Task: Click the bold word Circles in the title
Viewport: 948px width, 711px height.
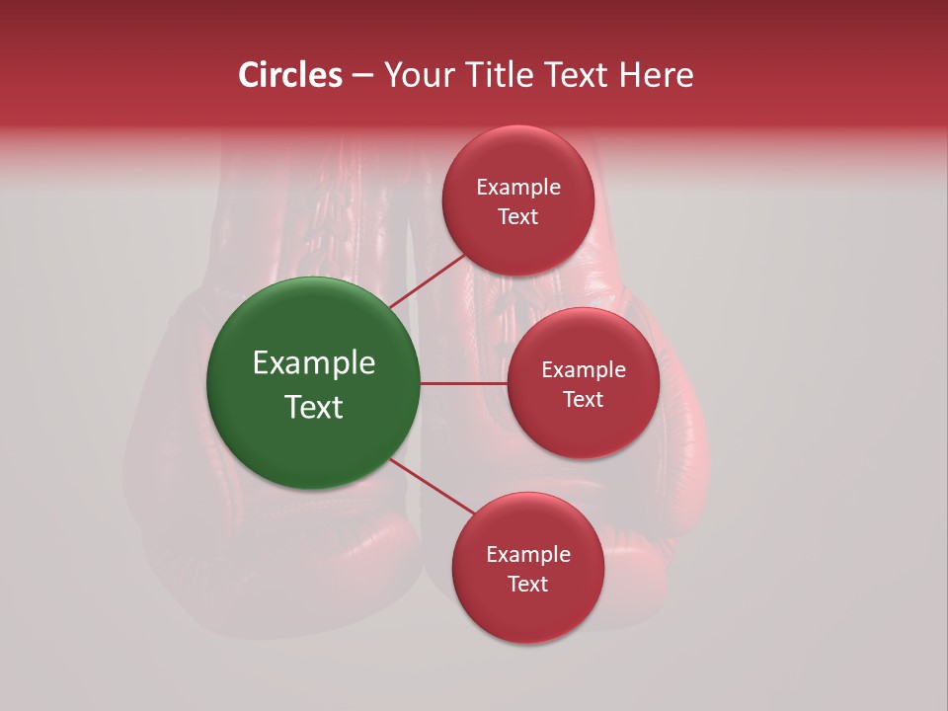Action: [x=290, y=75]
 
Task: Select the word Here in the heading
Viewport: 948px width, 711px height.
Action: [x=655, y=75]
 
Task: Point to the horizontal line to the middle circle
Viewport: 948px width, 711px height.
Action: [x=464, y=383]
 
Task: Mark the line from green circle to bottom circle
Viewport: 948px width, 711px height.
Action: [x=433, y=486]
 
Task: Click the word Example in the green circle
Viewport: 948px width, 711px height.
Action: [x=313, y=363]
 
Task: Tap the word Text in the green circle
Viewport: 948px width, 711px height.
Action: [x=313, y=407]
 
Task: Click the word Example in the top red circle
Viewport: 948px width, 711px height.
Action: [x=517, y=188]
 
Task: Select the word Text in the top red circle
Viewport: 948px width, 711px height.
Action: [x=517, y=216]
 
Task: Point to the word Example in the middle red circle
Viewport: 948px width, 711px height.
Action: [x=583, y=370]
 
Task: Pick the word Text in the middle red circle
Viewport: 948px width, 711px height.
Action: [x=583, y=399]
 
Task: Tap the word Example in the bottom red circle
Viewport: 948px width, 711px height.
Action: [x=527, y=555]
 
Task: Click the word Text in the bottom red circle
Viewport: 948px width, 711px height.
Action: [x=527, y=584]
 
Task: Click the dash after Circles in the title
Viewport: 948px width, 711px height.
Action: [x=362, y=76]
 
